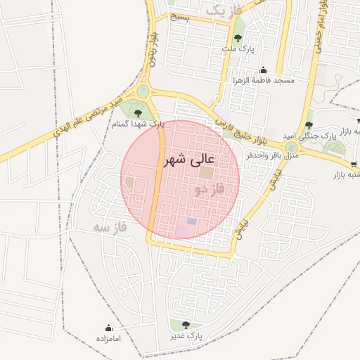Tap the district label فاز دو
[208, 190]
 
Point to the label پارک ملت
[236, 49]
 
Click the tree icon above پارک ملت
[237, 38]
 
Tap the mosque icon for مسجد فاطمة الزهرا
[263, 70]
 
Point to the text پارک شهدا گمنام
[138, 123]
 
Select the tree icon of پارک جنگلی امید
[309, 124]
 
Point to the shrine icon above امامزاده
[108, 328]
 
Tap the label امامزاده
[108, 339]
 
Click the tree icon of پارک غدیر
[186, 325]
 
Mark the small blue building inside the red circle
[191, 221]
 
